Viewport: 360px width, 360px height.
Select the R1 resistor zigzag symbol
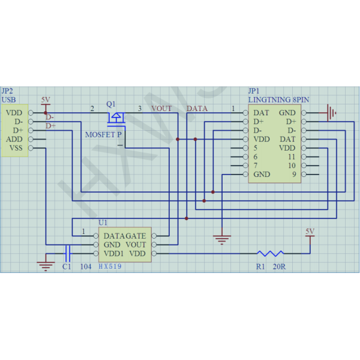(x=271, y=253)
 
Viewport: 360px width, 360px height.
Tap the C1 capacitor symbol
(x=68, y=253)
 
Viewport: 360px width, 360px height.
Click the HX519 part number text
(x=110, y=266)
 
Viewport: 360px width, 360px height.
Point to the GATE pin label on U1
(x=136, y=236)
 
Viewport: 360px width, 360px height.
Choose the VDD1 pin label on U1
(x=113, y=253)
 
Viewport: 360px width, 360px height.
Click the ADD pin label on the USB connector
(x=14, y=139)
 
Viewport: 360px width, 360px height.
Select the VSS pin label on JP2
(x=16, y=148)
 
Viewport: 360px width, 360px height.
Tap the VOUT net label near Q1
(x=161, y=109)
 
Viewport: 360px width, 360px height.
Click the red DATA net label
(x=197, y=109)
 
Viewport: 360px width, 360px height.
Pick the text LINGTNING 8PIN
(x=279, y=100)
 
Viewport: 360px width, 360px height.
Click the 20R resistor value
(x=279, y=266)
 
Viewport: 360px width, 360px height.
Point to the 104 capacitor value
(x=86, y=266)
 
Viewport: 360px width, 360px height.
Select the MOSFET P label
(x=103, y=134)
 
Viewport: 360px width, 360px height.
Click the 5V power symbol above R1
(x=310, y=234)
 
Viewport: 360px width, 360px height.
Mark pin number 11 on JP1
(x=292, y=157)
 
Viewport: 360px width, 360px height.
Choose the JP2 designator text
(x=7, y=91)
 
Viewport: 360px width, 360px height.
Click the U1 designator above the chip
(x=103, y=223)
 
